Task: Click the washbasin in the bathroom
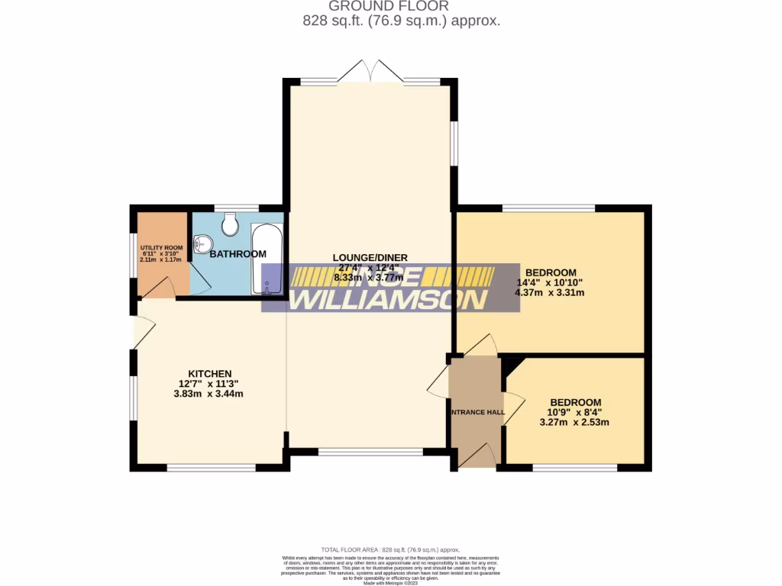[202, 244]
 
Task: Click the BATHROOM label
[238, 254]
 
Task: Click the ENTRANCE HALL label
[477, 413]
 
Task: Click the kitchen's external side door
[143, 333]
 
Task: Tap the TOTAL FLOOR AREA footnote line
[390, 549]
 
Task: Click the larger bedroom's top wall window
[548, 208]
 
